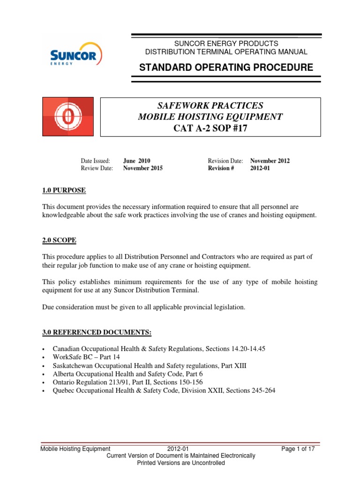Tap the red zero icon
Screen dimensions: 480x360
68,117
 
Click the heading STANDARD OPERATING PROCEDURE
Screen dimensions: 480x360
226,67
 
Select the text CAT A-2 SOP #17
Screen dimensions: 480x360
210,128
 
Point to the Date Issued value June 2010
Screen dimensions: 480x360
136,161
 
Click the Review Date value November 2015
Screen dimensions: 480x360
143,168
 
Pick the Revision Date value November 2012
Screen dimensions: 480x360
270,161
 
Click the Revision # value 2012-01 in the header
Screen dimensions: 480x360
260,168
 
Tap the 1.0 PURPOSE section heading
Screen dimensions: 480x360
64,190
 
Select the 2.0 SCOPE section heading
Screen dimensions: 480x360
59,240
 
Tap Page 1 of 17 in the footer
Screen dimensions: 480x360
298,449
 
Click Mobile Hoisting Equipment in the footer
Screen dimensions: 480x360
75,449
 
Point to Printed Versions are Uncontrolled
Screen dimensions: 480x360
180,463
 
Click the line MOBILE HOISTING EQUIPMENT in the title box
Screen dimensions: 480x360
210,117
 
